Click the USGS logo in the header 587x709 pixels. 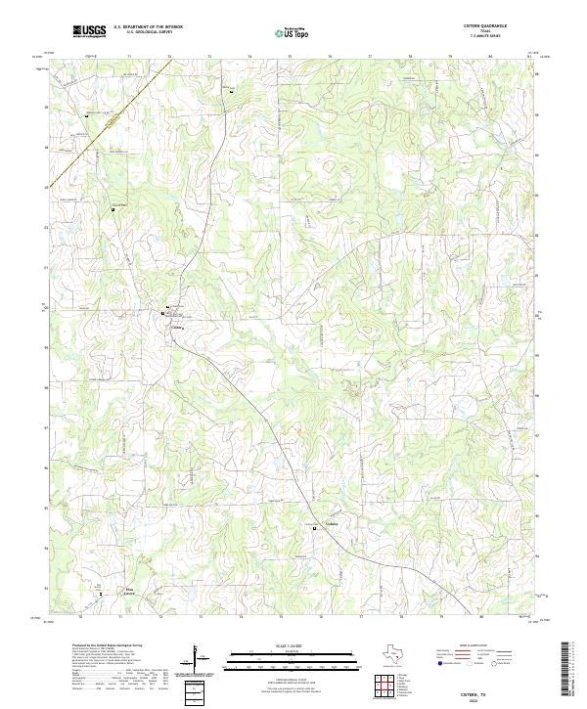(89, 32)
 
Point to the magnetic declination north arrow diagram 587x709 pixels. (198, 657)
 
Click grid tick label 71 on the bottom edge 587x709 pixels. (119, 617)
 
